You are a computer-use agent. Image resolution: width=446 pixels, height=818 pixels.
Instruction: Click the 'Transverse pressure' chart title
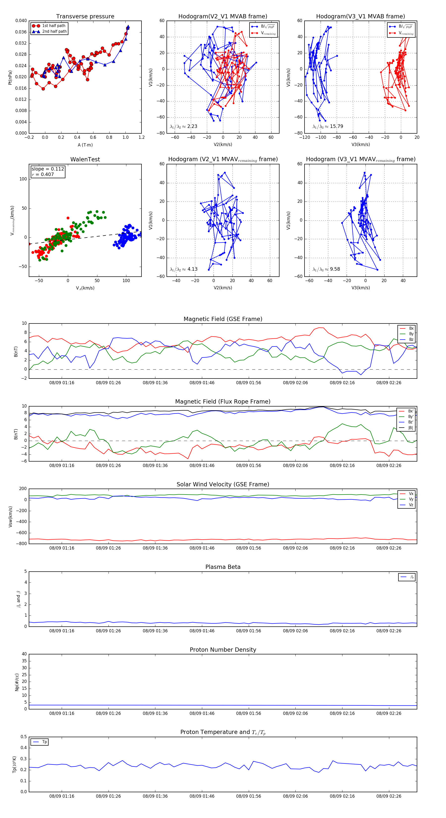pos(85,17)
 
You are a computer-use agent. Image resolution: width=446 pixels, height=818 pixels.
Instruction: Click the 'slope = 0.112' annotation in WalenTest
pos(48,169)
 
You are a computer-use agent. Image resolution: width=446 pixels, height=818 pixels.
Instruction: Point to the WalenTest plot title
pos(85,159)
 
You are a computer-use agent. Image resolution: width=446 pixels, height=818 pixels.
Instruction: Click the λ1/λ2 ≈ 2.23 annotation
pos(183,126)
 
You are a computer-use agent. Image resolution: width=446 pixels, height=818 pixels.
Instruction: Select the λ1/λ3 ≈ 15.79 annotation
pos(328,126)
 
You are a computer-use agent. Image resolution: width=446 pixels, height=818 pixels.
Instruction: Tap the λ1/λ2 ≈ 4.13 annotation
pos(183,269)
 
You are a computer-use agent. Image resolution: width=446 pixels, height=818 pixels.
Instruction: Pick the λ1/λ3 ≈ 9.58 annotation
pos(326,269)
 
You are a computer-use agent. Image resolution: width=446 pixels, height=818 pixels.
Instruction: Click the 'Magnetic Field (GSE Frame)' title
pos(223,319)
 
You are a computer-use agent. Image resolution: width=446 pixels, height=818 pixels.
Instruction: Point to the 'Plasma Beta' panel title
pos(223,567)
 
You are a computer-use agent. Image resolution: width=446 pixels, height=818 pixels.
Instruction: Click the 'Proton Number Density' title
pos(223,650)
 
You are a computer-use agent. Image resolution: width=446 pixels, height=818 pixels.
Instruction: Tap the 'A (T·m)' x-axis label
pos(85,145)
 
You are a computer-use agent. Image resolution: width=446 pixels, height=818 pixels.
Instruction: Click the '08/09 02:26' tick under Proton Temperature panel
pos(389,796)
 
